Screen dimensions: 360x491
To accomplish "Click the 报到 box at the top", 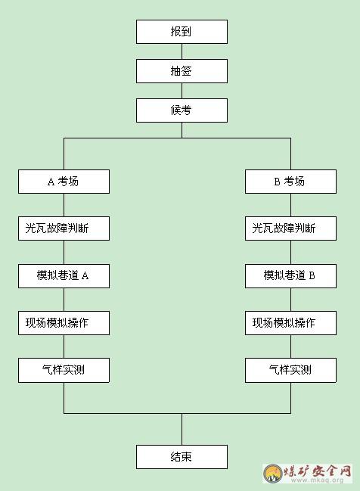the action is tap(182, 32).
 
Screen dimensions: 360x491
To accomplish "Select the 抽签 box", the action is tap(182, 71).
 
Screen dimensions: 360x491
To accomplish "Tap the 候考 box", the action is tap(182, 110).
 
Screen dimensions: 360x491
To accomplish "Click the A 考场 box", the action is tap(64, 182).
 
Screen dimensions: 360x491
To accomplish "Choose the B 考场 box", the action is tap(291, 182).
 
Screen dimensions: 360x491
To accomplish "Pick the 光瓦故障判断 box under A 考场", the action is tap(64, 228).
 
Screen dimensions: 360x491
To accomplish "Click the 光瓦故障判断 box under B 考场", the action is tap(291, 228).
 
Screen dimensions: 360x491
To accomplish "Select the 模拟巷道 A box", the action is tap(64, 276).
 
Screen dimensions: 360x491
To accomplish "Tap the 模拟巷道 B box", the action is tap(291, 276).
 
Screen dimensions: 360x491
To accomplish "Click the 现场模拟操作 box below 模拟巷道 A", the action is tap(64, 323).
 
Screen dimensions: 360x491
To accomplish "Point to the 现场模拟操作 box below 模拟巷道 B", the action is tap(291, 323).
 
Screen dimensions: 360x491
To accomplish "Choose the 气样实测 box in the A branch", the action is tap(64, 370).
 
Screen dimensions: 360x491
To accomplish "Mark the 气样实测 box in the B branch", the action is tap(291, 370).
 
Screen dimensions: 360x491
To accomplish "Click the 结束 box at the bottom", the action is tap(182, 457).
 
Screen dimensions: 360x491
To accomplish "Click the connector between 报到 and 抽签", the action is tap(182, 51).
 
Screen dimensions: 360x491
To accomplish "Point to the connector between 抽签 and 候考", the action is tap(182, 91).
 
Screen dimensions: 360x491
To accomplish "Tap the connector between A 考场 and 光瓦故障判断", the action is tap(64, 205).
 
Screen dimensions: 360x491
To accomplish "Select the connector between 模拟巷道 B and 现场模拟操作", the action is tap(291, 300).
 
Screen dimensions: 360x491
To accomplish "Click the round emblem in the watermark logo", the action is tap(273, 474).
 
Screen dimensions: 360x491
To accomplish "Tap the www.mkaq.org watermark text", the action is tap(317, 480).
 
